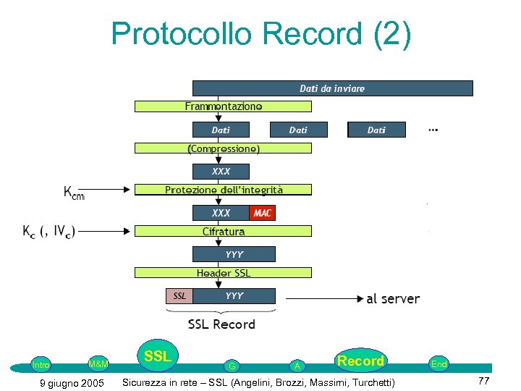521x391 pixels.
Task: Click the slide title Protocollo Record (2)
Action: click(x=261, y=33)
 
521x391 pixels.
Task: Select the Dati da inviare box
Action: click(x=332, y=88)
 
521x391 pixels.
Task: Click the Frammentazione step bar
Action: click(x=223, y=106)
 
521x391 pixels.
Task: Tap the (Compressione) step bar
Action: click(x=223, y=148)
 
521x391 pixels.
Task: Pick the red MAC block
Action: click(x=262, y=213)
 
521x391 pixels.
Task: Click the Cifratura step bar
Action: click(x=223, y=232)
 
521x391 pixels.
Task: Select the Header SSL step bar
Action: click(x=223, y=273)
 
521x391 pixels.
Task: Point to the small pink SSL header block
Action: click(x=179, y=296)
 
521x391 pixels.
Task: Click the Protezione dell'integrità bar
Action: click(x=223, y=190)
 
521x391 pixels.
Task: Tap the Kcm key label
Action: click(x=74, y=193)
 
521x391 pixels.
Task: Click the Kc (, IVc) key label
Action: click(x=48, y=232)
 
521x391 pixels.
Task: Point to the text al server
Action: click(x=393, y=298)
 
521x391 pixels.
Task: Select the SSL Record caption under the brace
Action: click(x=221, y=324)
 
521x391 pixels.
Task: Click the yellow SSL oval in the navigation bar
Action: click(x=158, y=356)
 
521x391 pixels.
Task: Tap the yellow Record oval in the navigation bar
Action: click(x=360, y=360)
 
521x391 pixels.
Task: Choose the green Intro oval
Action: click(x=41, y=364)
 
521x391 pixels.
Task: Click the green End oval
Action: click(x=439, y=364)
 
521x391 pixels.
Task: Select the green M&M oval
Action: click(x=98, y=363)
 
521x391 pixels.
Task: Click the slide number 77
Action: click(x=485, y=382)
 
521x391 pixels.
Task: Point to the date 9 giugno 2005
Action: click(x=71, y=382)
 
